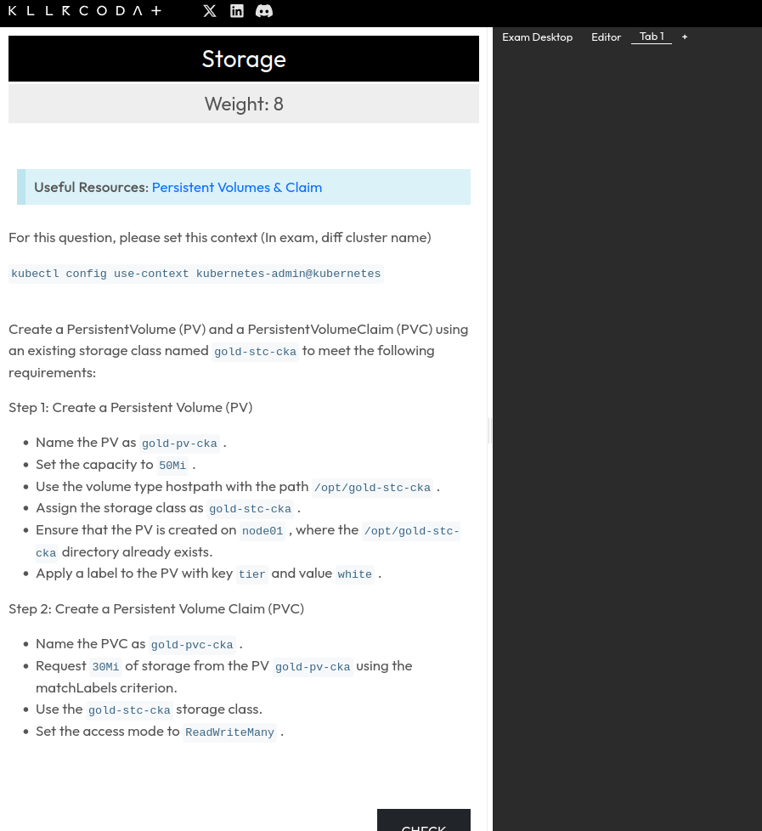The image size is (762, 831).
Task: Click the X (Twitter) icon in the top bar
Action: [210, 11]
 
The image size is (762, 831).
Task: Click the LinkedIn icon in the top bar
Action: [237, 11]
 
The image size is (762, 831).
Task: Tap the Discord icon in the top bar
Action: [264, 11]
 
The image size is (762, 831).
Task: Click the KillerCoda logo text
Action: [85, 11]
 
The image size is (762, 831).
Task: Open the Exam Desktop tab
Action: [537, 37]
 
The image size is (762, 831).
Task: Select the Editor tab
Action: [606, 37]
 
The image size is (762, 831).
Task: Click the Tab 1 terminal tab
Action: [652, 37]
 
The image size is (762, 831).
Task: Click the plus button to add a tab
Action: [685, 37]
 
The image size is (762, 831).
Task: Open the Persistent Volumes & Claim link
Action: [237, 187]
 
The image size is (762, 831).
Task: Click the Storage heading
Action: [244, 59]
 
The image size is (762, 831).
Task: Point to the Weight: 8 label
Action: [244, 104]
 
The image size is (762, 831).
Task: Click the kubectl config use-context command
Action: [196, 274]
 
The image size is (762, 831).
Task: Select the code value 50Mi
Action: [172, 466]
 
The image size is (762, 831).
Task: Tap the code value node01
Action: [262, 531]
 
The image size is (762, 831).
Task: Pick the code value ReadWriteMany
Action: [229, 732]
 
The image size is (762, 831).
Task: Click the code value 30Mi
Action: [105, 667]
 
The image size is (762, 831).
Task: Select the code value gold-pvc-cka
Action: [192, 645]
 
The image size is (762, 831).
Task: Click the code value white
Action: [354, 574]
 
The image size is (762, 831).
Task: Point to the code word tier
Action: [251, 574]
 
